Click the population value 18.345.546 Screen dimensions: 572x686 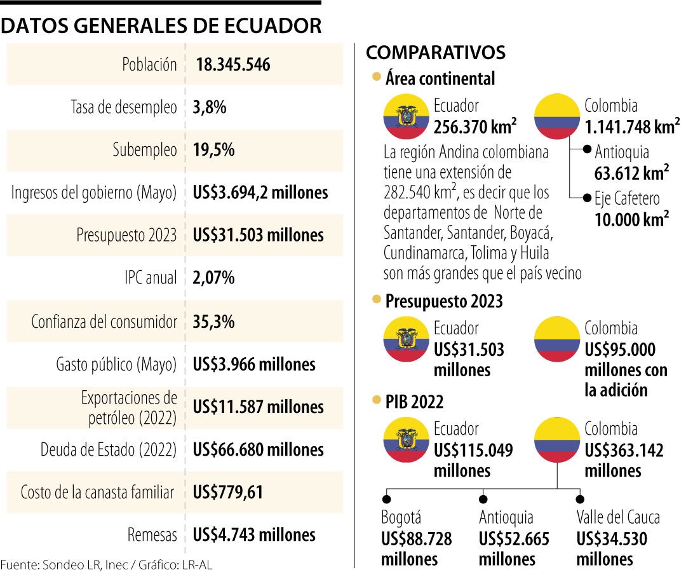tap(233, 65)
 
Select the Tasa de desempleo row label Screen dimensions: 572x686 tap(123, 107)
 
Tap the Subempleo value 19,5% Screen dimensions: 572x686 tap(214, 150)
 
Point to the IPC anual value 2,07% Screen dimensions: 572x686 tap(214, 278)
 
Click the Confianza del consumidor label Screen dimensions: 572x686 tap(104, 322)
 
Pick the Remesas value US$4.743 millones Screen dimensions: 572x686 tap(254, 535)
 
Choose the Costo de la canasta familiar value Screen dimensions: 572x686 tap(228, 492)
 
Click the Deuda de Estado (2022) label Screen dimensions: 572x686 tap(108, 450)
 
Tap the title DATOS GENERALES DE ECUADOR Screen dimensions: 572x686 tap(161, 25)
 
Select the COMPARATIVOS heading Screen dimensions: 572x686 tap(436, 52)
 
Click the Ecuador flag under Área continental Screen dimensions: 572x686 tap(404, 118)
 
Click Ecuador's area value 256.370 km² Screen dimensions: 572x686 tap(475, 126)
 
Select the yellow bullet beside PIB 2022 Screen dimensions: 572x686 tap(376, 400)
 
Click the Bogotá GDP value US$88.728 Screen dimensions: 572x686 tap(417, 540)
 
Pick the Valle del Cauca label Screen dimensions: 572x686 tap(618, 517)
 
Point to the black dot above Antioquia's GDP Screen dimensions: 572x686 tap(483, 499)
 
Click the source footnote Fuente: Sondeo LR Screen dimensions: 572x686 tap(106, 564)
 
